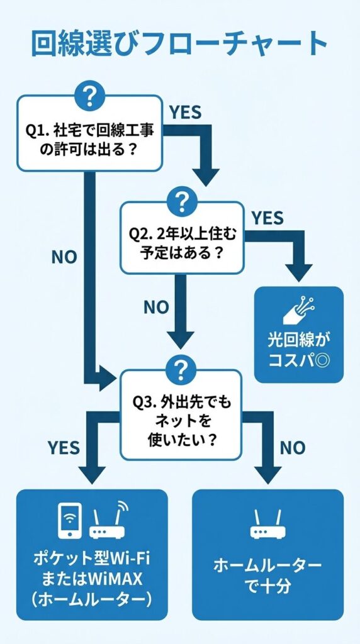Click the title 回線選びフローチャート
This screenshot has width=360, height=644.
coord(179,45)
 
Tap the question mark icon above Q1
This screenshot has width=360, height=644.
coord(89,96)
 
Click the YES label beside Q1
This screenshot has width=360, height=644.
coord(185,112)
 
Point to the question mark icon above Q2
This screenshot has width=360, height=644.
coord(181,201)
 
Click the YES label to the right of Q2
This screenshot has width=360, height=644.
coord(267,218)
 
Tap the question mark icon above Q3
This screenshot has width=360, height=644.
coord(181,368)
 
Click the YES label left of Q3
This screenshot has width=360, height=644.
coord(64,447)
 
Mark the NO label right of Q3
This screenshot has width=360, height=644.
coord(293,447)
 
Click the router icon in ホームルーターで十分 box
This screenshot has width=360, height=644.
coord(268,523)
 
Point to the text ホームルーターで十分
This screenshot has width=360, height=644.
coord(268,574)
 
